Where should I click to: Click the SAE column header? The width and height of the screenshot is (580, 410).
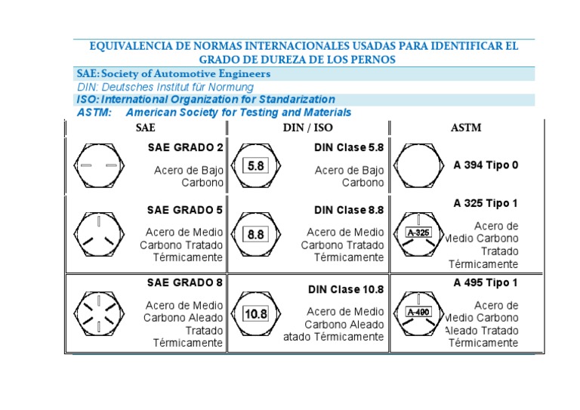pyautogui.click(x=146, y=128)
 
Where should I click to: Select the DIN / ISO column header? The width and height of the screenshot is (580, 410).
pyautogui.click(x=307, y=128)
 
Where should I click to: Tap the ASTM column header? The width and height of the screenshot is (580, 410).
pyautogui.click(x=466, y=128)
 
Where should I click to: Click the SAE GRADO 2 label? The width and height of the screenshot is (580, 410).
pyautogui.click(x=185, y=148)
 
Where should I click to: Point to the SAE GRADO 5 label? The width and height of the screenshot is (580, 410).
pyautogui.click(x=185, y=210)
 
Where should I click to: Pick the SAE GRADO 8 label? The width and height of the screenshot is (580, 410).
pyautogui.click(x=185, y=282)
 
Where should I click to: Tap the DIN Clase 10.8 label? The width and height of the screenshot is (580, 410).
pyautogui.click(x=346, y=289)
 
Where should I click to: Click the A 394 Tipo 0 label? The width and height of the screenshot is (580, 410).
pyautogui.click(x=486, y=165)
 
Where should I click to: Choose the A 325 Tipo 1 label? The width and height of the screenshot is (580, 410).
pyautogui.click(x=486, y=203)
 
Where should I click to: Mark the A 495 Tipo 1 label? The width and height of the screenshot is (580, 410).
pyautogui.click(x=486, y=283)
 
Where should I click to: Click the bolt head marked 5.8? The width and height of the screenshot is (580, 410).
pyautogui.click(x=256, y=165)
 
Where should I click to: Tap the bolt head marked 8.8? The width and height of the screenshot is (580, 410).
pyautogui.click(x=256, y=234)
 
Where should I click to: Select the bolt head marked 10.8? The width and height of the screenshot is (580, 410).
pyautogui.click(x=256, y=313)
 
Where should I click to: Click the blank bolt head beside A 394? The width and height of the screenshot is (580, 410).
pyautogui.click(x=418, y=165)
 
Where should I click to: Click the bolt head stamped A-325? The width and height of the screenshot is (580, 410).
pyautogui.click(x=418, y=233)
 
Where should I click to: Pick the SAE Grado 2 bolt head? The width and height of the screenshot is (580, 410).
pyautogui.click(x=99, y=165)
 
